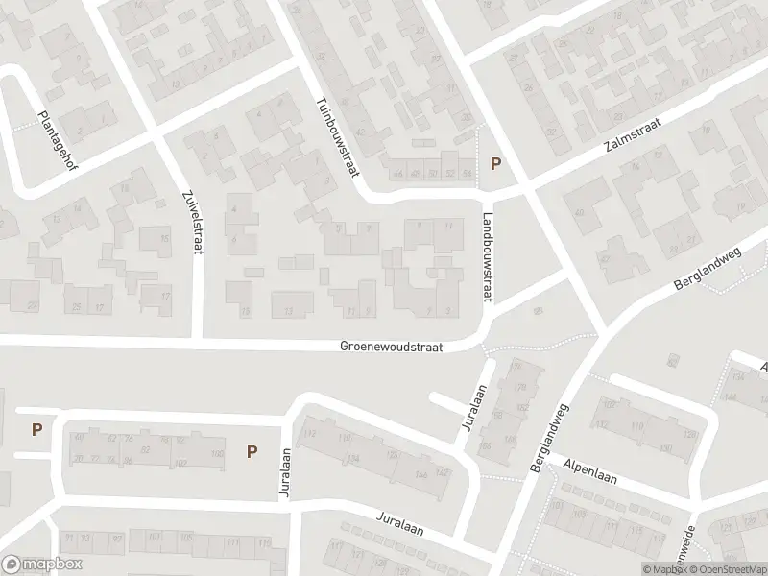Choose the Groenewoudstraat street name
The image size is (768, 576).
(391, 348)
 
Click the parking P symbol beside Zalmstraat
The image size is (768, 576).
(495, 164)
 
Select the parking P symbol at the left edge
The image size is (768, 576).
(36, 429)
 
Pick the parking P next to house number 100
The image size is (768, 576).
(252, 450)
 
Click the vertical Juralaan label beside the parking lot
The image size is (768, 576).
(285, 472)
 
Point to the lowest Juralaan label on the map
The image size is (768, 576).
(399, 524)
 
